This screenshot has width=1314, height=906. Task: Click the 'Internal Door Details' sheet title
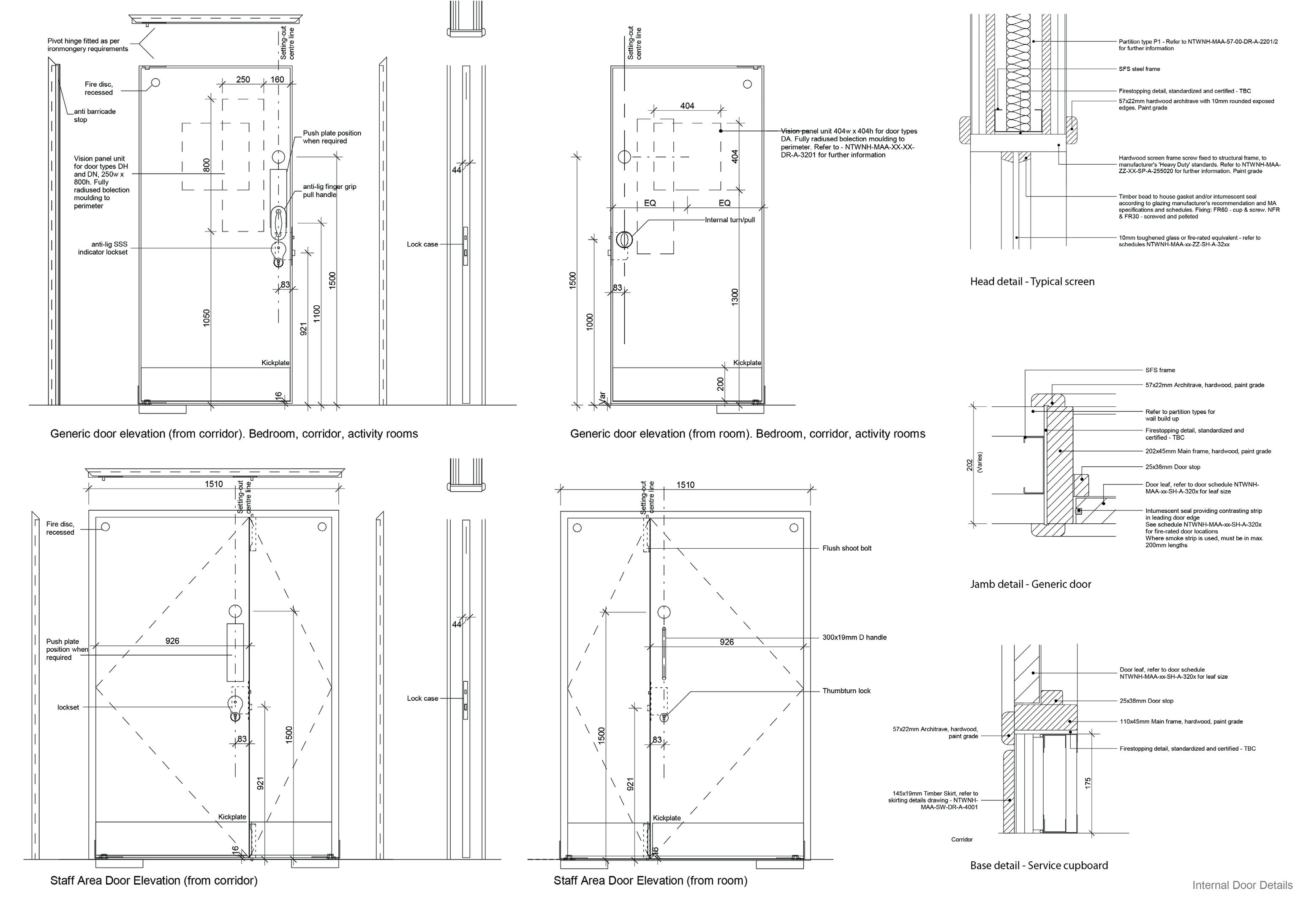click(x=1242, y=885)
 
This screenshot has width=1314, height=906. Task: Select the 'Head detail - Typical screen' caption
click(x=1032, y=282)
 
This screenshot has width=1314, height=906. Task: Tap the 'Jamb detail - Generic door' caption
click(x=1030, y=584)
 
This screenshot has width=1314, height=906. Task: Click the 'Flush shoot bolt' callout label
click(x=846, y=548)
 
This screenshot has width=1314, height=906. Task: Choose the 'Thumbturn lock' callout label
click(x=846, y=691)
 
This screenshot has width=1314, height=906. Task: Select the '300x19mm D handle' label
click(x=854, y=637)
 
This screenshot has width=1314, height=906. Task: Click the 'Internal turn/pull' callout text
click(x=729, y=220)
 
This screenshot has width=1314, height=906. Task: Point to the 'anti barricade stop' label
click(x=94, y=115)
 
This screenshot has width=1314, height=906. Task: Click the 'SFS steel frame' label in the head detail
click(x=1139, y=69)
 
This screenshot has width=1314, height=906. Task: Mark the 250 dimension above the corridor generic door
click(x=243, y=79)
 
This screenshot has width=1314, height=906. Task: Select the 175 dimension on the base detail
click(x=1088, y=783)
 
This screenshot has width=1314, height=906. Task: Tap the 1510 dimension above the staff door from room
click(x=685, y=485)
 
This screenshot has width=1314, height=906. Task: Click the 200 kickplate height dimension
click(x=720, y=384)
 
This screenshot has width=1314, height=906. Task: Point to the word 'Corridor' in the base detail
click(x=961, y=840)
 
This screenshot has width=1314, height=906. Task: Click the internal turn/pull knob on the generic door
click(x=624, y=239)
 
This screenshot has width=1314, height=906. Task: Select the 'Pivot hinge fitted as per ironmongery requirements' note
click(x=87, y=45)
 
